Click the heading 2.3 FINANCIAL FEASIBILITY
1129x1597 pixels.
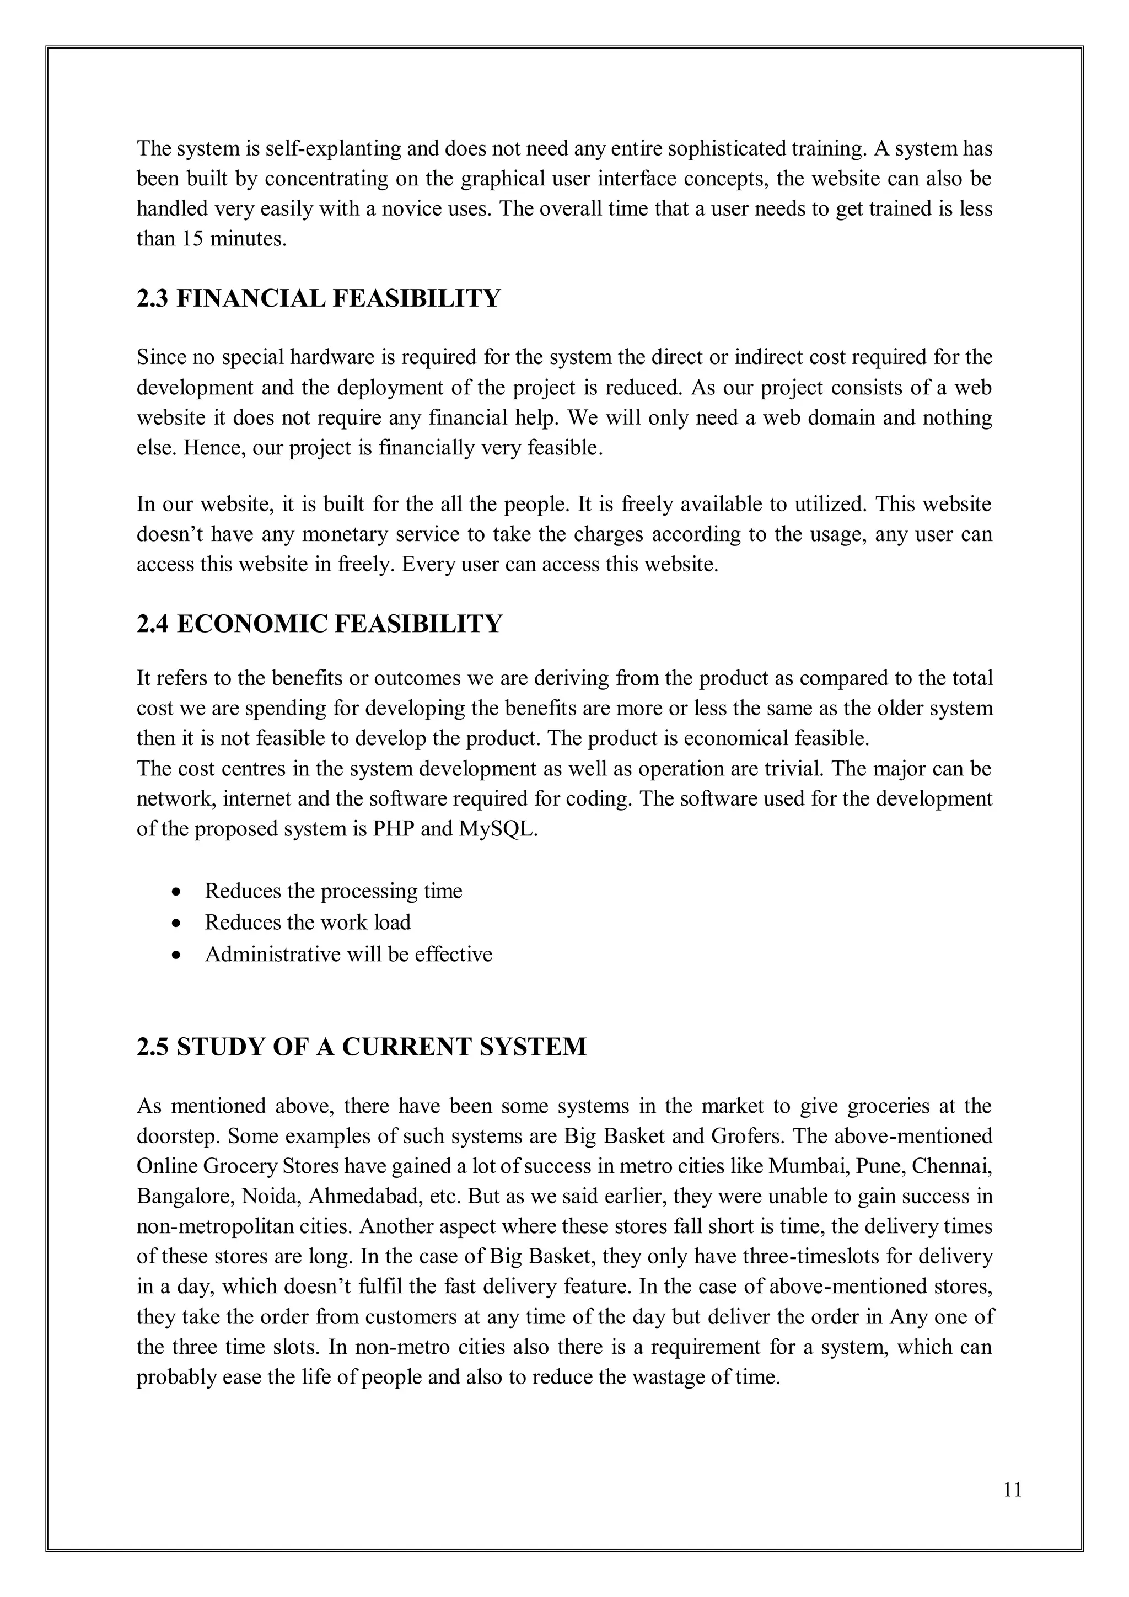[x=319, y=298]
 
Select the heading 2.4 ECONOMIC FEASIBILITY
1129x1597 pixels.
[x=319, y=624]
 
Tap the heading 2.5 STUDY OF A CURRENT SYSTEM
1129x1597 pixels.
[x=362, y=1047]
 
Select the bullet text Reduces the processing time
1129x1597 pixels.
[x=333, y=891]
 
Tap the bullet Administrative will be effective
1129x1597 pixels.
[x=348, y=953]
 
